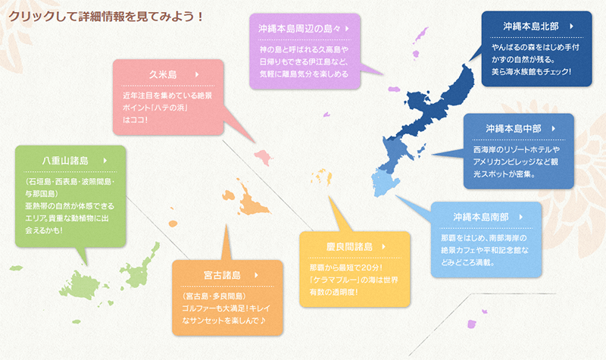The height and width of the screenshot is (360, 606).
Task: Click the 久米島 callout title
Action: coord(163,74)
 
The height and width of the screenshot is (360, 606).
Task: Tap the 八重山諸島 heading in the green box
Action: coord(65,161)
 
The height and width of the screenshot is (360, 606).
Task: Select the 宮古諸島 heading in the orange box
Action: coord(222,275)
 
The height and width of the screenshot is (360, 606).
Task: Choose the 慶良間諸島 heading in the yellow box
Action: coord(349,246)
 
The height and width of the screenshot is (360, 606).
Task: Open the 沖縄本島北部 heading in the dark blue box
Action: coord(531,26)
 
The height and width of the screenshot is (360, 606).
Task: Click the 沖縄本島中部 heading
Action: coord(514,128)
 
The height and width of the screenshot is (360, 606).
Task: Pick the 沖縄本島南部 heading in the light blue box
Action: coord(481,217)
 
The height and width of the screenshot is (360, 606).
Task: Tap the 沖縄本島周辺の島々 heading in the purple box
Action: coord(299,29)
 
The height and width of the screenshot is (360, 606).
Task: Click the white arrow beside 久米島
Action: coord(197,74)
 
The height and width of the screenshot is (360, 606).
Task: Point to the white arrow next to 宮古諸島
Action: coord(256,275)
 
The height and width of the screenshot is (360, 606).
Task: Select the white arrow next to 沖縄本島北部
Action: coord(571,26)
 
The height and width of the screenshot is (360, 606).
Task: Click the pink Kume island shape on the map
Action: coord(263,157)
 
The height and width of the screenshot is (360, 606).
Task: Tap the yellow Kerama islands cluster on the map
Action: coord(321,177)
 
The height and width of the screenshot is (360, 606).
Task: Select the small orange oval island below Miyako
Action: coord(173,224)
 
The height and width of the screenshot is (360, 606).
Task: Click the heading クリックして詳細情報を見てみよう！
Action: coord(106,17)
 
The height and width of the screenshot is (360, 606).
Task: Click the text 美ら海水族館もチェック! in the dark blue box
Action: coord(531,71)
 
